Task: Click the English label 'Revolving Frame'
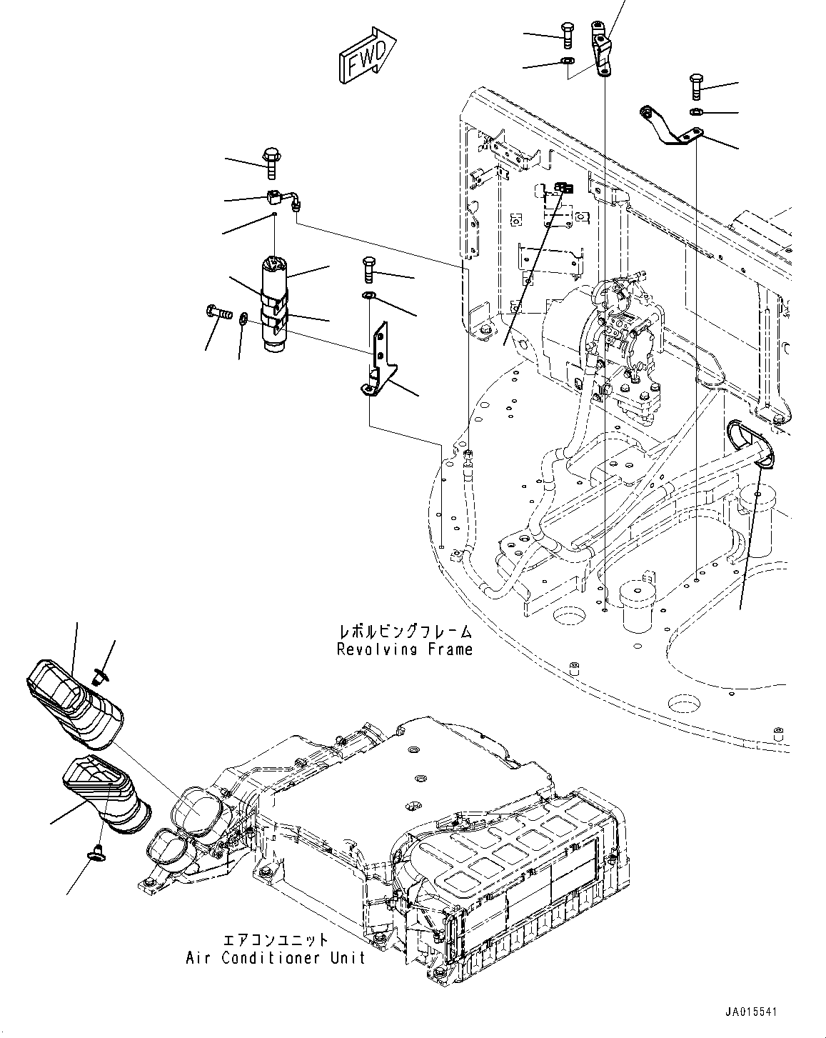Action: click(x=404, y=649)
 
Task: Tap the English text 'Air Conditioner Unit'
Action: click(x=275, y=957)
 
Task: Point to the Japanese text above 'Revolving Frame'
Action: click(x=405, y=632)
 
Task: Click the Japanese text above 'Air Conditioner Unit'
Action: click(x=276, y=940)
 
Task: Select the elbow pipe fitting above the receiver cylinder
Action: click(x=286, y=198)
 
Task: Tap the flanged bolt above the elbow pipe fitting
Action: click(x=272, y=162)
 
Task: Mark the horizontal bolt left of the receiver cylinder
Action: click(x=218, y=311)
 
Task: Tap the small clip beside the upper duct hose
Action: click(x=101, y=672)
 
